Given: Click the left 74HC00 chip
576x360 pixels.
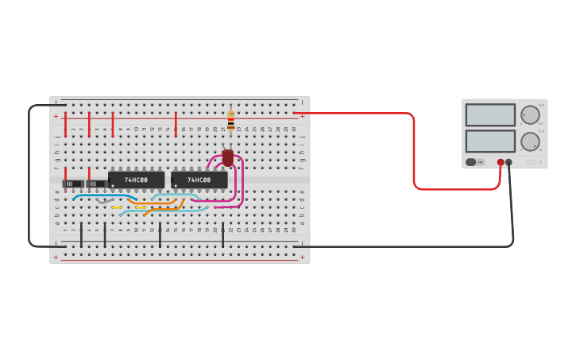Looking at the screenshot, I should click(x=137, y=180).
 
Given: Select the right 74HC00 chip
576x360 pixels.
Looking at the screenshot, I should click(x=199, y=180).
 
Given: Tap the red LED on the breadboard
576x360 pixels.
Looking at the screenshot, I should click(x=228, y=157).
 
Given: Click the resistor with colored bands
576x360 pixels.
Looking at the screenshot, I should click(x=231, y=120).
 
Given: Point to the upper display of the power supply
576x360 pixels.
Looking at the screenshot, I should click(x=490, y=115).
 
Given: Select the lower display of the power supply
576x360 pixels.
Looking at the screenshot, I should click(x=490, y=141).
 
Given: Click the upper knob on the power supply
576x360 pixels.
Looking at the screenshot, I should click(x=530, y=115).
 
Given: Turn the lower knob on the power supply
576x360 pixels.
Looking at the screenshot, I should click(x=530, y=142).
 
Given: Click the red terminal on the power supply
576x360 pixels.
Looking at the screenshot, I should click(x=501, y=162).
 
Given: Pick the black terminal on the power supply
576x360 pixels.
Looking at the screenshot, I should click(x=509, y=162).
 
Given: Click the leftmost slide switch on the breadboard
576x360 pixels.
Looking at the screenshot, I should click(x=72, y=184).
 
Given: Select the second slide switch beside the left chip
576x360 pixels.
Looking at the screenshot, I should click(x=95, y=184).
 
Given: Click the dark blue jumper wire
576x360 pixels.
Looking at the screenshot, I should click(x=103, y=195).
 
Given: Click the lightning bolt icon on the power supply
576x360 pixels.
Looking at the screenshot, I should click(x=541, y=163).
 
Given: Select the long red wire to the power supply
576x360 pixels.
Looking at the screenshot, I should click(x=414, y=151).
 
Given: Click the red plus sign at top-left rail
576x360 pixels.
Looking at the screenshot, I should click(x=56, y=116).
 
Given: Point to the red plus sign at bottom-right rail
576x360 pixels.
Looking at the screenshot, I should click(x=302, y=257).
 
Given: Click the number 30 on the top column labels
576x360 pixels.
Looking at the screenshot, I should click(x=294, y=129).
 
